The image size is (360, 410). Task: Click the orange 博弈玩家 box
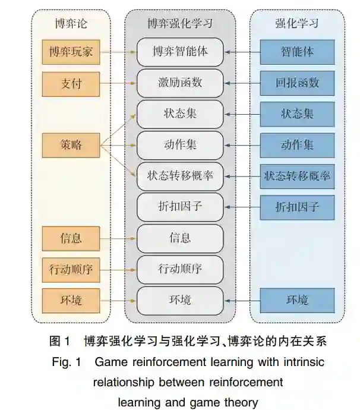click(x=71, y=52)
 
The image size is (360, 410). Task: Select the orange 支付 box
click(x=71, y=83)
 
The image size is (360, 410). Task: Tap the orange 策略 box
click(x=71, y=144)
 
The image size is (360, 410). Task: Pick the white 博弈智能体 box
click(x=180, y=52)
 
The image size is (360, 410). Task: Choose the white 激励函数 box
click(x=180, y=83)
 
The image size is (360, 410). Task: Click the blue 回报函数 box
click(x=297, y=83)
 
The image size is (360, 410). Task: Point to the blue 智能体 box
click(x=297, y=52)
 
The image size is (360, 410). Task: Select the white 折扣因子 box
click(x=180, y=207)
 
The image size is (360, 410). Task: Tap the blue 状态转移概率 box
click(x=297, y=176)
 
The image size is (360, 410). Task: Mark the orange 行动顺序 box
click(x=71, y=269)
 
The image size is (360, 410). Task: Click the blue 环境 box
click(x=297, y=299)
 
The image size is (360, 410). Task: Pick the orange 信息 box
click(x=71, y=238)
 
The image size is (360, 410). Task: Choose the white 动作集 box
click(x=180, y=144)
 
